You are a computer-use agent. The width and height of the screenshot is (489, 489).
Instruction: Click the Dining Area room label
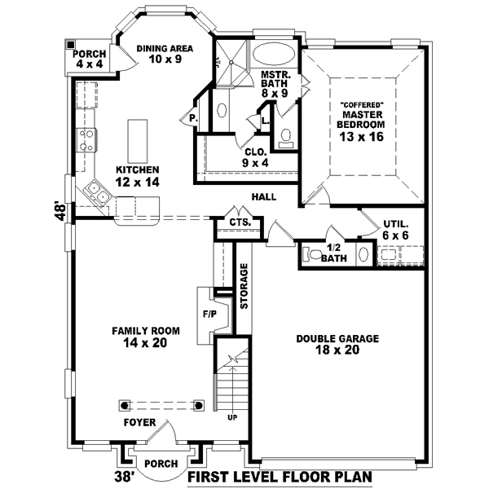(x=165, y=48)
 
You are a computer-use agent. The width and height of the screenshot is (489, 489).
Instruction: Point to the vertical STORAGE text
(x=244, y=285)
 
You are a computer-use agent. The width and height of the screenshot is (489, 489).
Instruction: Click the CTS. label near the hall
(x=239, y=222)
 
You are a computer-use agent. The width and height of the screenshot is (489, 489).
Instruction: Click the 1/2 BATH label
(x=333, y=253)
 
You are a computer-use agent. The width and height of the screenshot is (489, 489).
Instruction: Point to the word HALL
(x=263, y=197)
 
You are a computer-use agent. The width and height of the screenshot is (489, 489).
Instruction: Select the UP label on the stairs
(x=232, y=417)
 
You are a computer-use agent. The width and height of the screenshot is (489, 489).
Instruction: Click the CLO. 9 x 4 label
(x=255, y=157)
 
